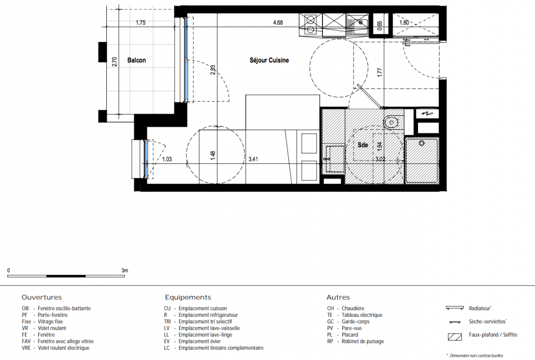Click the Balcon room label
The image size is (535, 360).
point(136,60)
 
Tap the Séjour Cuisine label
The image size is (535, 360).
point(269,60)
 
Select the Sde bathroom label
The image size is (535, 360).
point(363,145)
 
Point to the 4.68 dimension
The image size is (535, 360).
point(278,22)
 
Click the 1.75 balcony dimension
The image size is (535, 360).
point(141,22)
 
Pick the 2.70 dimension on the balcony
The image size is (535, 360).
point(114,62)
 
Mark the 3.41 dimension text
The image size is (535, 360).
point(253,159)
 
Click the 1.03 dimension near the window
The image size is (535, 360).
point(167,159)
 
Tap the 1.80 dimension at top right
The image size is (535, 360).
point(404,22)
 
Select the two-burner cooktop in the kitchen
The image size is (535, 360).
point(310,25)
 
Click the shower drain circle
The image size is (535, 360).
point(422,143)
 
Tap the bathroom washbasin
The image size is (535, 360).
point(333,159)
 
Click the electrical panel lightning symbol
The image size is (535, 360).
point(427,113)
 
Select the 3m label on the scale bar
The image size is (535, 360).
point(125,270)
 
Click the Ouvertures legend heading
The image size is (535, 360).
point(41,297)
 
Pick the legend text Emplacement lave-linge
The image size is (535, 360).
point(205,335)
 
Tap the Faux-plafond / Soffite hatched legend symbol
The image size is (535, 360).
point(455,337)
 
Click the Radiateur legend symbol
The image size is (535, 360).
point(455,308)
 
